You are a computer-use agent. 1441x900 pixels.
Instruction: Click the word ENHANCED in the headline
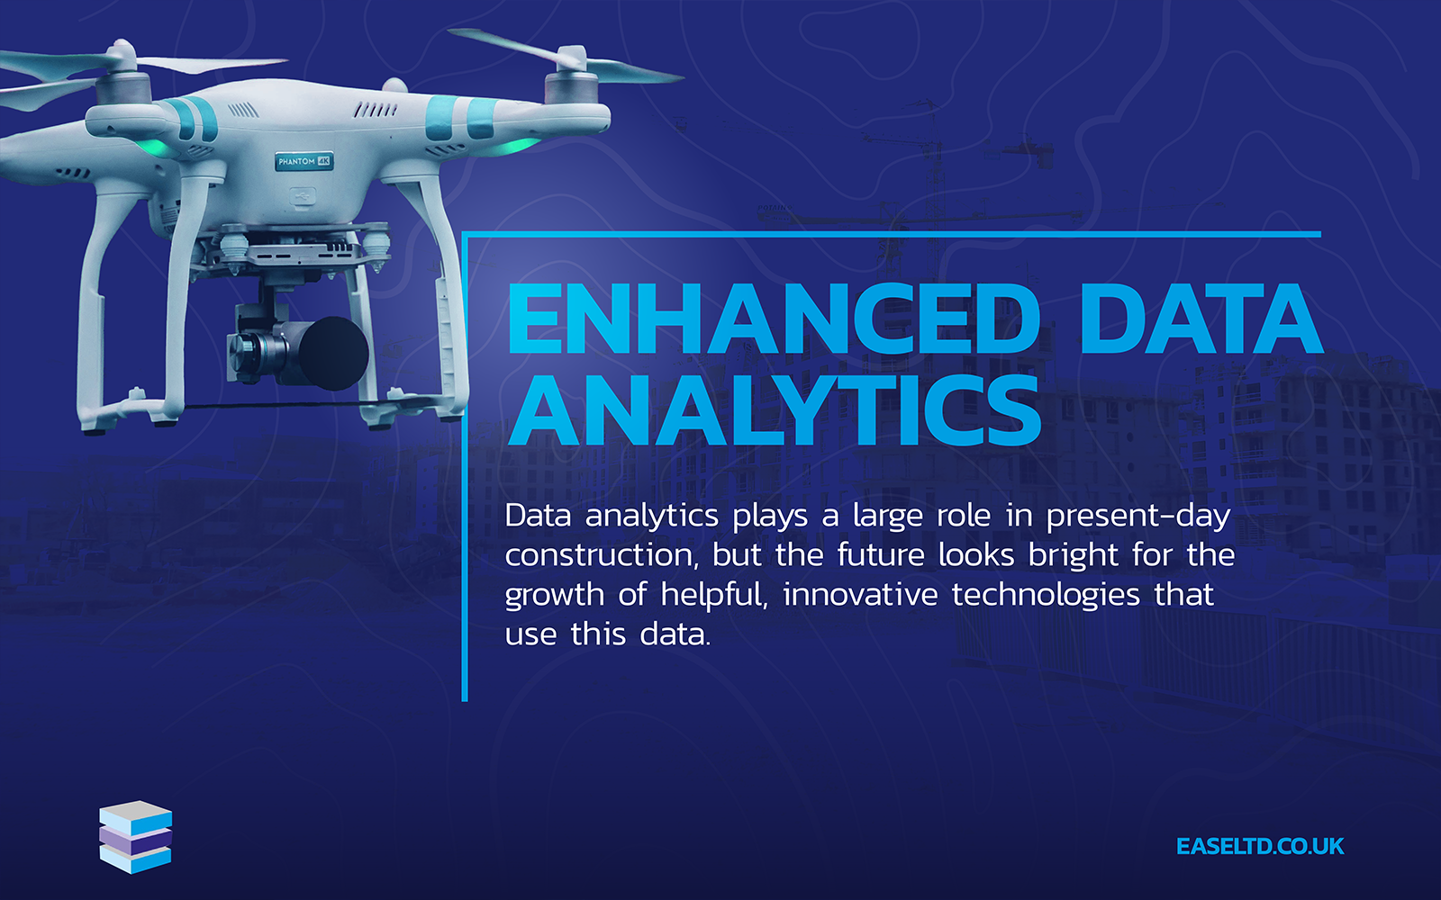coord(774,319)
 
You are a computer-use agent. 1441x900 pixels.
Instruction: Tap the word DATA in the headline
coord(1201,319)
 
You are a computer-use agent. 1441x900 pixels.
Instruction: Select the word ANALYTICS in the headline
coord(774,410)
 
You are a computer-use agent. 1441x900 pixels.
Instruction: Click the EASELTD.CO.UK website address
coord(1260,846)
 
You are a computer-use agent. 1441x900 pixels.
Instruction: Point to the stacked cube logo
coord(136,837)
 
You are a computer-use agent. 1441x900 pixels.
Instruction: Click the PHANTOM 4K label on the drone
coord(304,161)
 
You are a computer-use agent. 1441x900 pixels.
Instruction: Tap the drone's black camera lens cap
coord(334,353)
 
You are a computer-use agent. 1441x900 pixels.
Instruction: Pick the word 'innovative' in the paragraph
coord(861,594)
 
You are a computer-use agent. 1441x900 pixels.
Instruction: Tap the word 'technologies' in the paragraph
coord(1046,595)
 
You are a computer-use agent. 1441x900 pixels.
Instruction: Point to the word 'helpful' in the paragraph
coord(714,595)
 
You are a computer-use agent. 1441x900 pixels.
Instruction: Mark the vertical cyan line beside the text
coord(465,467)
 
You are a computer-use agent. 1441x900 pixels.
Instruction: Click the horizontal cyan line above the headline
coord(892,235)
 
